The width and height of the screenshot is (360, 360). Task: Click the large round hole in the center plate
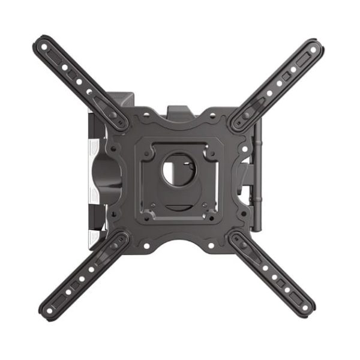point(175,169)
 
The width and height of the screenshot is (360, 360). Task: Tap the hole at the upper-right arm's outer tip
point(314,47)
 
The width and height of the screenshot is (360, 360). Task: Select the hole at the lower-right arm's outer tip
point(307,307)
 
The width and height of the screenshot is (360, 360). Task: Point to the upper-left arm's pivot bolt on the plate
point(113,115)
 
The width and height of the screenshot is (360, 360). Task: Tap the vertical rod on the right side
point(259,174)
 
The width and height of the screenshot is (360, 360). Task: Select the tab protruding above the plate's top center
point(179,110)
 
